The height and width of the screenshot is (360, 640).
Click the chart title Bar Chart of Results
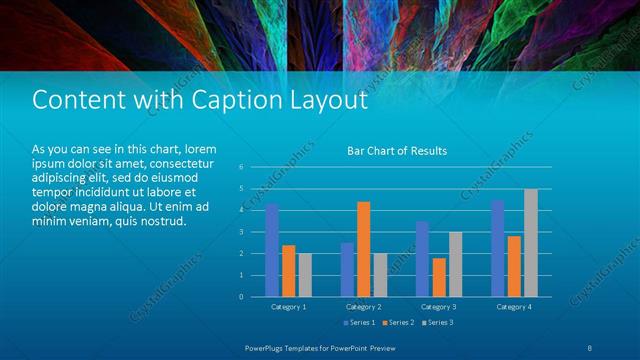(x=396, y=151)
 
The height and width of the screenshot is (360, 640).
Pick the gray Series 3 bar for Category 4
(x=530, y=243)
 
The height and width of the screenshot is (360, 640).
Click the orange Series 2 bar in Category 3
(x=438, y=277)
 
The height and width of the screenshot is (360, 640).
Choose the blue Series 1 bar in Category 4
(x=497, y=248)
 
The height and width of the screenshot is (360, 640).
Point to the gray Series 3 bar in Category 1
(x=305, y=275)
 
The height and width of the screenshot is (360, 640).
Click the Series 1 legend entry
(x=360, y=323)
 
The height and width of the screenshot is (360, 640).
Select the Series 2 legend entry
(x=397, y=323)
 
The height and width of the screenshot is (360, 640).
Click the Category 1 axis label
(x=289, y=307)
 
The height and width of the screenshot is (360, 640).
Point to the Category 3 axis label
(x=438, y=307)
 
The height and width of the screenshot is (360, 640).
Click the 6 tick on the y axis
(x=241, y=167)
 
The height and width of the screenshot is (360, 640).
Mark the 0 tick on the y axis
(x=241, y=296)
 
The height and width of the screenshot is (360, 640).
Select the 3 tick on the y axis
(x=241, y=232)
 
